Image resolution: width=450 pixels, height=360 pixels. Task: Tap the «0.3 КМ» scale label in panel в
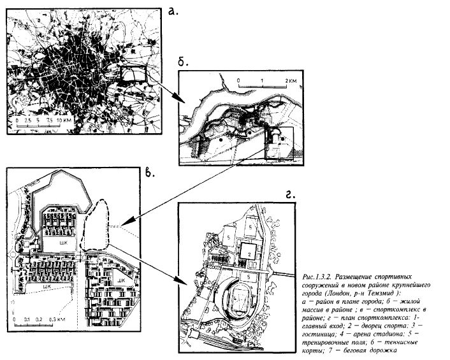click(60, 317)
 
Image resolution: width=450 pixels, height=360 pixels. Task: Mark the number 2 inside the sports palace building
click(250, 253)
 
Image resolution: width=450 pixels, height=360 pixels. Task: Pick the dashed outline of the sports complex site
click(98, 220)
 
